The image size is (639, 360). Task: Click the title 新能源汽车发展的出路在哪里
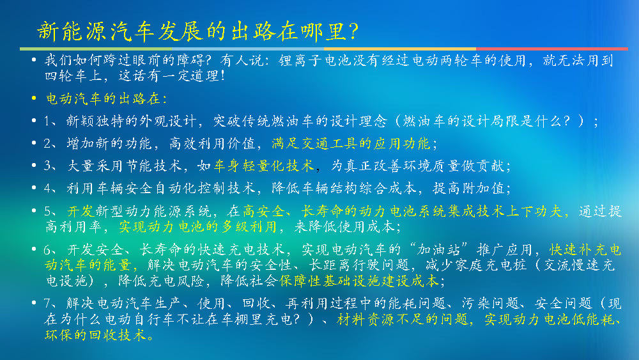[x=192, y=31]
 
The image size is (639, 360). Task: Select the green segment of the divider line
[x=96, y=49]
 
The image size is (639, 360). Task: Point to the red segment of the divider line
[x=552, y=49]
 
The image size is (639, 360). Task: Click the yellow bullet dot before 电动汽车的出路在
[x=35, y=98]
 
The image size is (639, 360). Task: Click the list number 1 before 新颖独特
[x=47, y=121]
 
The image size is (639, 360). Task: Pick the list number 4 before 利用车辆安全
[x=47, y=189]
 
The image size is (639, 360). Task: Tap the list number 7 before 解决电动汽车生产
[x=47, y=303]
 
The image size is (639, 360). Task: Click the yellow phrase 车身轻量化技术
[x=264, y=166]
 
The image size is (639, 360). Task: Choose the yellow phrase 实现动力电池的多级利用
[x=197, y=227]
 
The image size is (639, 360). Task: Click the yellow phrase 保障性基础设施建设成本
[x=358, y=281]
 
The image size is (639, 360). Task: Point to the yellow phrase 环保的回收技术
[x=95, y=335]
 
